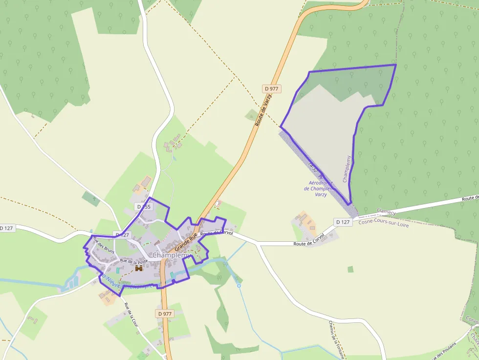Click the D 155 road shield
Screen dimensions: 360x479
tap(145, 207)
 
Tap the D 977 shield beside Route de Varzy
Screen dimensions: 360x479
tap(272, 88)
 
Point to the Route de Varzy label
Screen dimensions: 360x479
tap(264, 110)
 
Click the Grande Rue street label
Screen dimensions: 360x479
tap(186, 239)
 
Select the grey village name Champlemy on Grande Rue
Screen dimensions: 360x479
tap(171, 255)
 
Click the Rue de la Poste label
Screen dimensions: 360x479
tap(134, 261)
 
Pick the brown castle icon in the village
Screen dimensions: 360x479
tap(139, 268)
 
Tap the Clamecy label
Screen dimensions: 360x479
tap(386, 212)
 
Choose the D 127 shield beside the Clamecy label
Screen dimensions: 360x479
tap(343, 222)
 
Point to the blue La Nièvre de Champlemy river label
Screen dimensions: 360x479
tap(130, 282)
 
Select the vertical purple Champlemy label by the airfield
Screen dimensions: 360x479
tap(347, 169)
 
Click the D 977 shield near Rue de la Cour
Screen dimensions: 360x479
tap(165, 314)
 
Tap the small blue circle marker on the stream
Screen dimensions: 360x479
tap(239, 285)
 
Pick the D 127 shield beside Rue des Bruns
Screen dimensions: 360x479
tap(122, 235)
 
